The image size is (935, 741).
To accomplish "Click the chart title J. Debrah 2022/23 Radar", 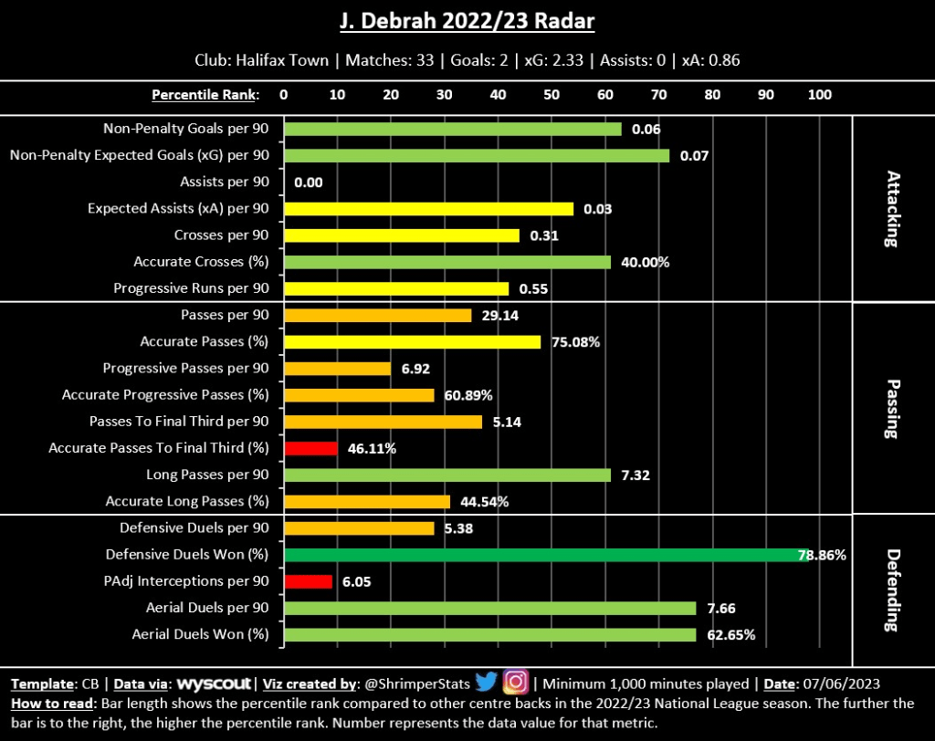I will pos(467,20).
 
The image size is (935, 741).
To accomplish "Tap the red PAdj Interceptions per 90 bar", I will pos(309,581).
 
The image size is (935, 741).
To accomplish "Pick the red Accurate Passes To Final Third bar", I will pos(311,448).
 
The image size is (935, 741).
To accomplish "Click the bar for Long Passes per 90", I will pos(447,475).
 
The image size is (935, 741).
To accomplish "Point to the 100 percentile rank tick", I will pos(820,94).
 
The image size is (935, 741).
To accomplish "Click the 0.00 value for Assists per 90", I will pos(309,183).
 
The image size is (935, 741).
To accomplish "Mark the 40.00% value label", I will pos(645,262).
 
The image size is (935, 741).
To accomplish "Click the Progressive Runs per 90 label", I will pos(191,288).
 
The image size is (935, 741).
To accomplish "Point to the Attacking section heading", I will pos(891,209).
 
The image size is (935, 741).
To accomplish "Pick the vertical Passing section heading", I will pos(891,408).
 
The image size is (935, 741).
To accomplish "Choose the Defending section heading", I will pos(891,590).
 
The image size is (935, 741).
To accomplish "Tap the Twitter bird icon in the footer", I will pos(486,682).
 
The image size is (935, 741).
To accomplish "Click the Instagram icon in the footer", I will pos(516,682).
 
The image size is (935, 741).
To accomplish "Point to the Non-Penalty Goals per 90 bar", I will pos(453,129).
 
